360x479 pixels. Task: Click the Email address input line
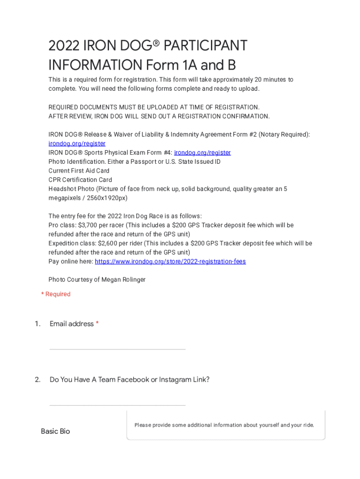(117, 344)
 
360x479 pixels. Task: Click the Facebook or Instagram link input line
(117, 400)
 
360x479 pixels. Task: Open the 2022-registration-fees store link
(170, 261)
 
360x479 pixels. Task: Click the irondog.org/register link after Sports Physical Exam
(202, 152)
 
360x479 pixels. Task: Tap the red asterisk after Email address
(97, 324)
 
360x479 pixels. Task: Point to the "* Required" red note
(56, 294)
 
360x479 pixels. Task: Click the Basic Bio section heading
(55, 431)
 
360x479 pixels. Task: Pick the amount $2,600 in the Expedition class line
(108, 243)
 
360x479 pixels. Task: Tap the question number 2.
(37, 379)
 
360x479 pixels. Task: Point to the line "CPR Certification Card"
(80, 180)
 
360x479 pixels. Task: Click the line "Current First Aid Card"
(79, 171)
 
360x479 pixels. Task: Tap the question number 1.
(37, 324)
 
